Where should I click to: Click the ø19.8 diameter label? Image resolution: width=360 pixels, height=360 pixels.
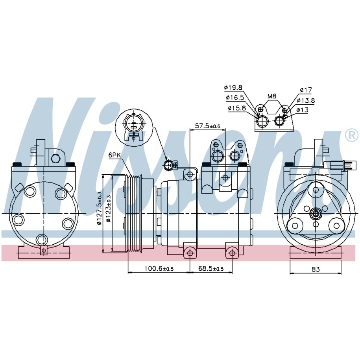tap(233, 87)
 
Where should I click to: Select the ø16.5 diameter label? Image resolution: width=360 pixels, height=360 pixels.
tap(235, 98)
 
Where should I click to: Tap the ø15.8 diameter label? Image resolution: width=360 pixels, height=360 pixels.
tap(237, 108)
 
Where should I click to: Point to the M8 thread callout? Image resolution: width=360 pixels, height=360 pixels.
tap(271, 96)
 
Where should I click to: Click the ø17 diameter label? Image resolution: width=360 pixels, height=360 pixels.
tap(306, 90)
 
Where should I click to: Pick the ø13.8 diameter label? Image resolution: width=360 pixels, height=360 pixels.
tap(306, 100)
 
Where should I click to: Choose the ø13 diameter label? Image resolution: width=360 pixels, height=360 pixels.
tap(302, 110)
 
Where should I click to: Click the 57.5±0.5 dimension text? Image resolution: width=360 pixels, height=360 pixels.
tap(208, 126)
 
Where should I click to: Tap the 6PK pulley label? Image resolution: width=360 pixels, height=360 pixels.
tap(114, 155)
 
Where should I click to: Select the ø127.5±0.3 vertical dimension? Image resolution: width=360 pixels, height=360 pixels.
tap(99, 208)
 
